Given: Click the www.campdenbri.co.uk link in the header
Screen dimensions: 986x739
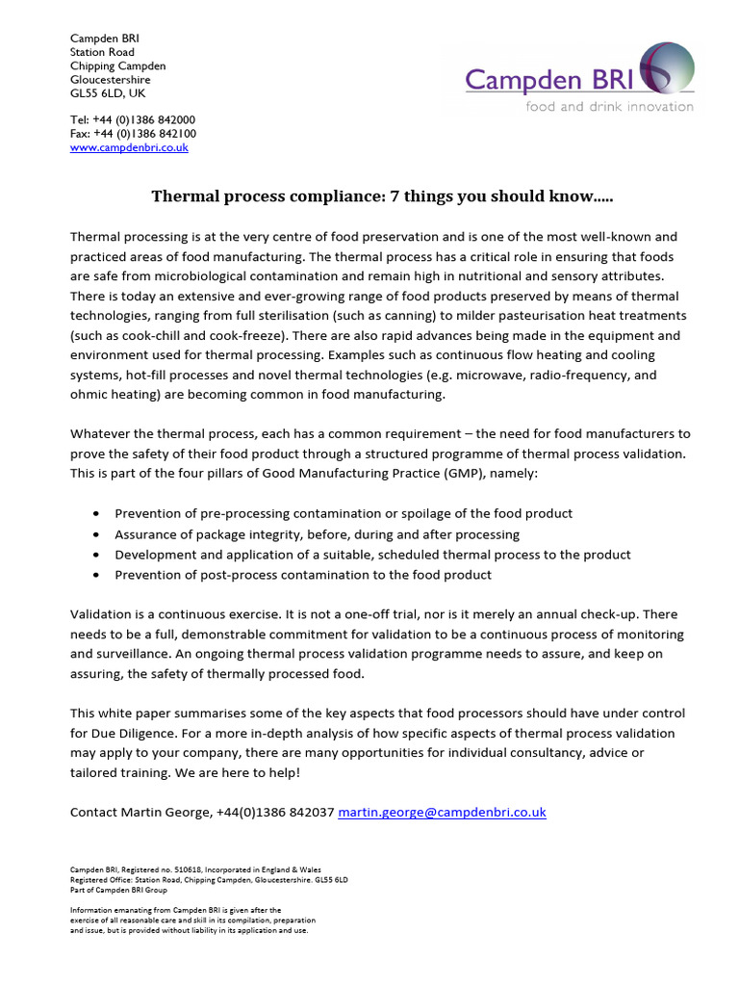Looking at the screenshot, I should point(129,147).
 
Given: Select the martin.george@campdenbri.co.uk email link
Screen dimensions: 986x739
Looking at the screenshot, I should point(442,812).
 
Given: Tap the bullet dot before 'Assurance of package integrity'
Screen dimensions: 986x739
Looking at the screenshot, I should point(96,534).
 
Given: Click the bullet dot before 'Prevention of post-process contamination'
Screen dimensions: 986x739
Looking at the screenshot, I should point(96,575).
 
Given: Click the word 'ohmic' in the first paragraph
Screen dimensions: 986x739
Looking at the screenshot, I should point(89,395).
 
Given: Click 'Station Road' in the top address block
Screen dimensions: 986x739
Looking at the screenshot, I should point(102,52).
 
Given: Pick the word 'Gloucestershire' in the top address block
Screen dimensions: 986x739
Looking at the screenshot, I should point(110,80).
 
